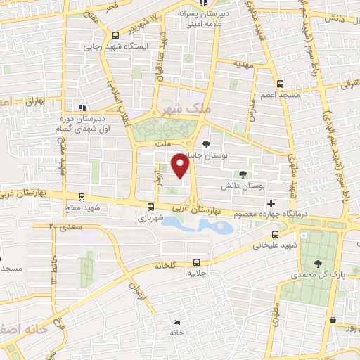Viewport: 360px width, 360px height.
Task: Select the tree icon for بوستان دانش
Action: coord(243,174)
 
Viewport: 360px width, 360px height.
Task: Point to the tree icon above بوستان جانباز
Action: coord(205,143)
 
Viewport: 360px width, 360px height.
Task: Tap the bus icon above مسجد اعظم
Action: coord(281,83)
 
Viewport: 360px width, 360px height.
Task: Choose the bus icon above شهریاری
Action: coord(150,207)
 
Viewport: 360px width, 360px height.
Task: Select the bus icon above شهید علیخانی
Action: coord(274,234)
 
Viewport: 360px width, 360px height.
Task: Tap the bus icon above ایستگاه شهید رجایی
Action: coord(115,36)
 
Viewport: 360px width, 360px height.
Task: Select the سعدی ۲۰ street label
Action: coord(65,226)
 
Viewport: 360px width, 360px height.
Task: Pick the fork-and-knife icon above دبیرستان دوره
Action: coord(83,108)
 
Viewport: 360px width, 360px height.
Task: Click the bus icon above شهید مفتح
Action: coord(83,198)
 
